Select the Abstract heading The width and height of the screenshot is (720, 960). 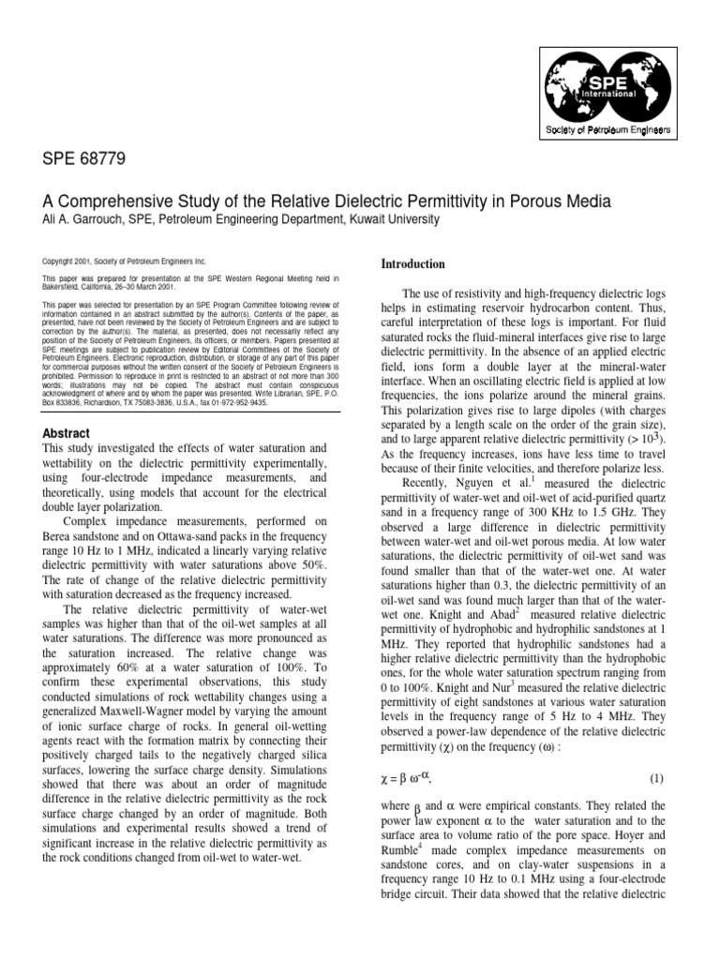point(67,434)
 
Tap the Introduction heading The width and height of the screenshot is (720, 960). point(413,264)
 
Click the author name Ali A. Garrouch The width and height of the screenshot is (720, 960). point(92,219)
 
